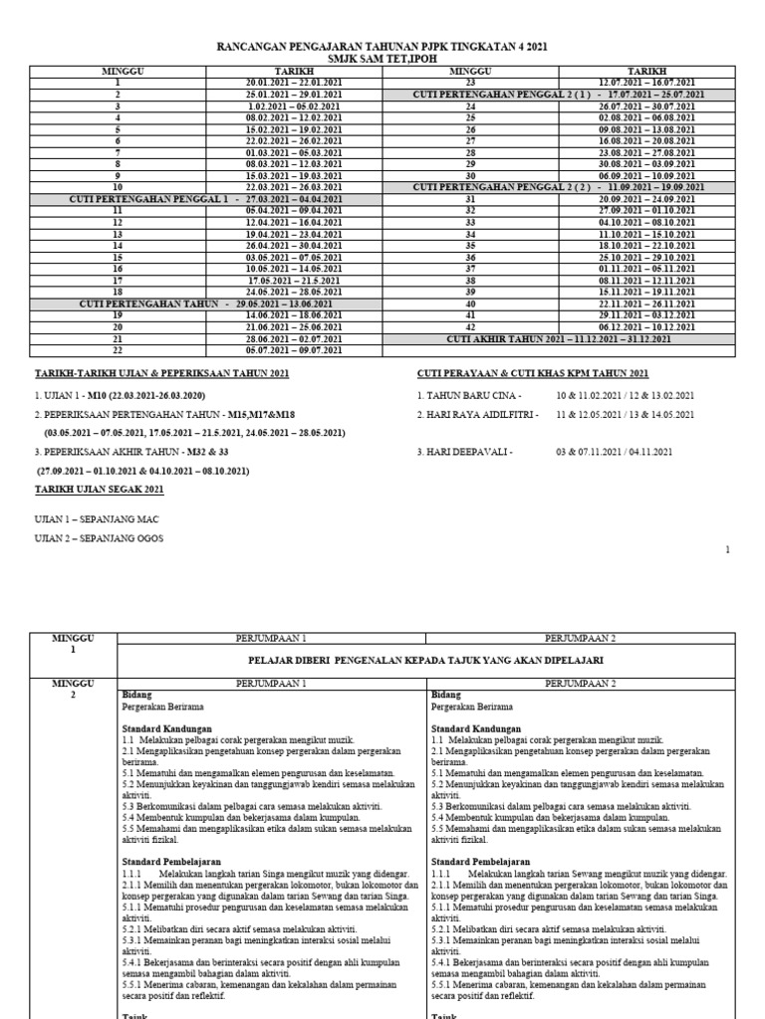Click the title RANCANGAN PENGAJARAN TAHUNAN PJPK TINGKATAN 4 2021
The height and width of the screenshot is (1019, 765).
[x=382, y=48]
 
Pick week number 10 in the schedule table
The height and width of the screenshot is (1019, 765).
[x=118, y=187]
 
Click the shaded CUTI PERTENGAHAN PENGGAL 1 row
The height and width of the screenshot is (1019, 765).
[x=206, y=198]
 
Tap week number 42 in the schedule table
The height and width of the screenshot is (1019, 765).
[x=471, y=325]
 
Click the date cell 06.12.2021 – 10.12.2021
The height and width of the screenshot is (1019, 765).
[x=646, y=325]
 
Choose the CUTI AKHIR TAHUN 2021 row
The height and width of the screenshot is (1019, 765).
[x=558, y=338]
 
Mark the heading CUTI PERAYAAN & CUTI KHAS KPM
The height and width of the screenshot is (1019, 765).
[x=533, y=373]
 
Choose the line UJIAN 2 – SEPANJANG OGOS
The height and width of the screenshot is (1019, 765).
[x=85, y=538]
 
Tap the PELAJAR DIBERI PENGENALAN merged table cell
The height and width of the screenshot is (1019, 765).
[x=426, y=660]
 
